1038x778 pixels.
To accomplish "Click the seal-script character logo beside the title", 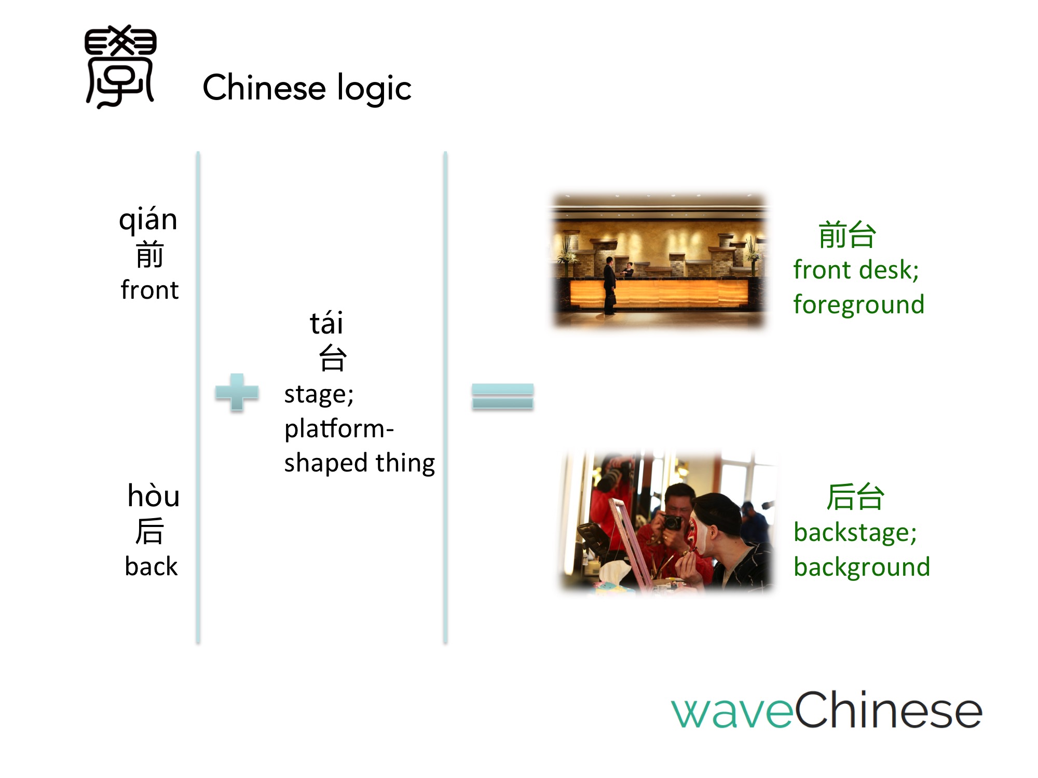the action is [x=120, y=66].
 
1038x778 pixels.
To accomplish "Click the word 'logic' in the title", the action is [x=374, y=88].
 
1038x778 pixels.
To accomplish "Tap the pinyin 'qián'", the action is [x=148, y=219].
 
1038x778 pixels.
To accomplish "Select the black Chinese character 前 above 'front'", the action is [x=150, y=254].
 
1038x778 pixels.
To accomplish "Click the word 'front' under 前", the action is [x=149, y=289].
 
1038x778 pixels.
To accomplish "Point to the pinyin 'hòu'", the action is [x=154, y=495].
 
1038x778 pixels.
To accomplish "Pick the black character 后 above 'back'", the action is [x=150, y=531].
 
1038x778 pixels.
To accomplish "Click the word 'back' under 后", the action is [x=151, y=566].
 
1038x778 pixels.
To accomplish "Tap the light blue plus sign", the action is [x=237, y=392].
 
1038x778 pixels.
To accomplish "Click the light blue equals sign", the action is [x=502, y=396].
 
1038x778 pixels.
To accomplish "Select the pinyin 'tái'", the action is [x=326, y=323].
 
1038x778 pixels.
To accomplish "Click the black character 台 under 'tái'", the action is [x=332, y=358].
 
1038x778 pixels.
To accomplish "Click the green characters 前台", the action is [x=847, y=234].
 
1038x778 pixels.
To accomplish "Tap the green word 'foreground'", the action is [x=859, y=305].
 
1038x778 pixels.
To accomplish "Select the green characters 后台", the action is [x=855, y=497].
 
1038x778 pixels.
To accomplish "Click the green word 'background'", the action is [x=862, y=567].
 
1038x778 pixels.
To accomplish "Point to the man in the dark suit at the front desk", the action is [x=610, y=285].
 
